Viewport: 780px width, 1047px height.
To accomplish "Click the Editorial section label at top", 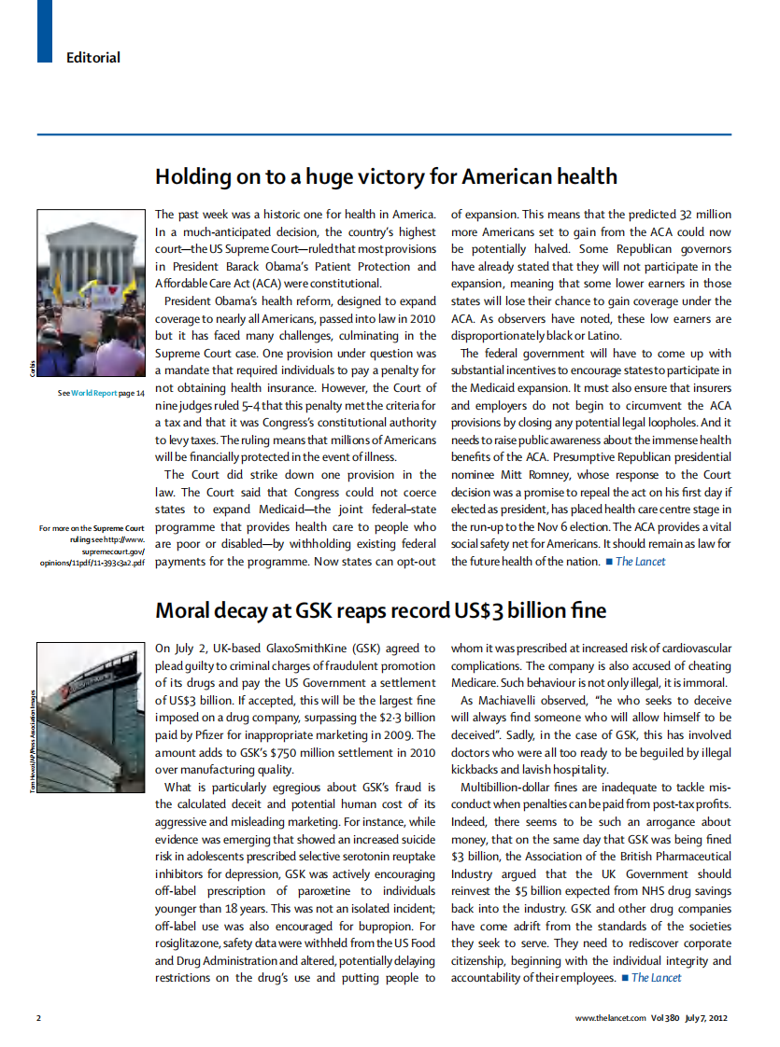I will pos(92,58).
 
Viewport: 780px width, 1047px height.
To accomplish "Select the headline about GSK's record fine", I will pos(379,611).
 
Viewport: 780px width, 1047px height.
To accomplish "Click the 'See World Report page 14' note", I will pos(101,393).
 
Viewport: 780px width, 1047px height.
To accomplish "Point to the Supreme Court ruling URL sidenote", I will pos(92,546).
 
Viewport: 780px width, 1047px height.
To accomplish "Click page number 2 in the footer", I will pos(38,1017).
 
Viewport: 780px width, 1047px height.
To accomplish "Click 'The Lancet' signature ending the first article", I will pos(640,562).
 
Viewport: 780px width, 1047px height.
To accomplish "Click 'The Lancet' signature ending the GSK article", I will pos(656,978).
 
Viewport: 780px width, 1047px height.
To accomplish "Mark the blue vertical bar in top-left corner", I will pos(44,32).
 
